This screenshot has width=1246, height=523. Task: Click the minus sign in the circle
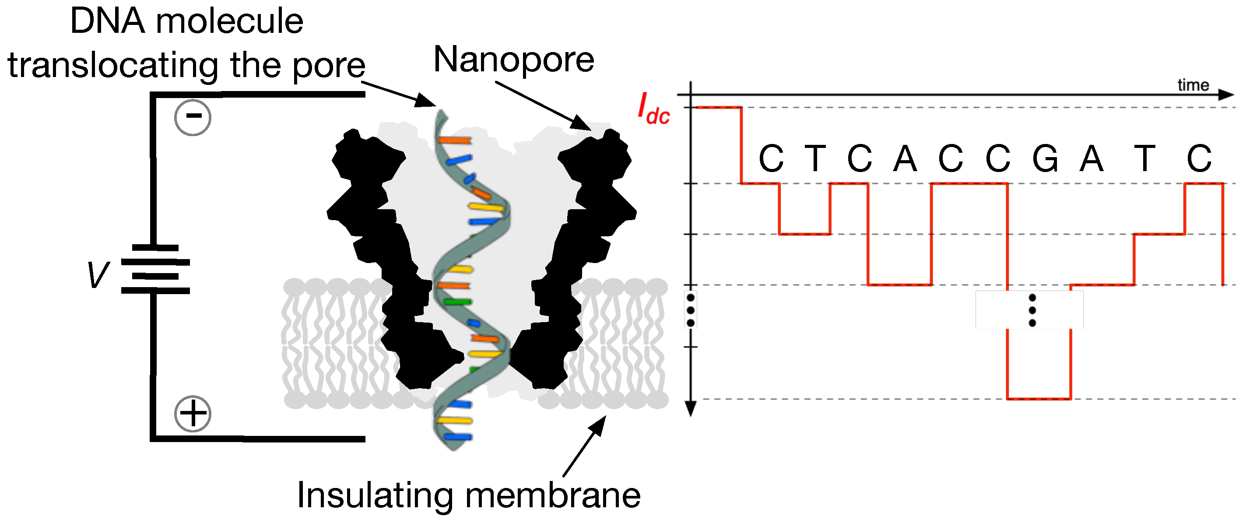[x=193, y=116]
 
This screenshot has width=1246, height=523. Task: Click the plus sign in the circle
[x=193, y=414]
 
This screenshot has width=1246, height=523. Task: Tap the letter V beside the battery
[x=98, y=275]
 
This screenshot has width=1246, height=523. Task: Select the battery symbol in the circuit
[x=155, y=270]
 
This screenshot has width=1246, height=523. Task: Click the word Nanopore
[x=514, y=60]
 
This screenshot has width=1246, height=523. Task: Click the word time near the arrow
[x=1192, y=85]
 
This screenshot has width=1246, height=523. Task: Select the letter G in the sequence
[x=1045, y=158]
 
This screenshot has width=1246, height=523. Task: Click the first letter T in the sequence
[x=815, y=158]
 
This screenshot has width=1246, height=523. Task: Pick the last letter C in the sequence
[x=1199, y=158]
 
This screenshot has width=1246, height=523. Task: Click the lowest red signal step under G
[x=1039, y=399]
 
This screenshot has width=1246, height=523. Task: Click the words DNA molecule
[x=187, y=21]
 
